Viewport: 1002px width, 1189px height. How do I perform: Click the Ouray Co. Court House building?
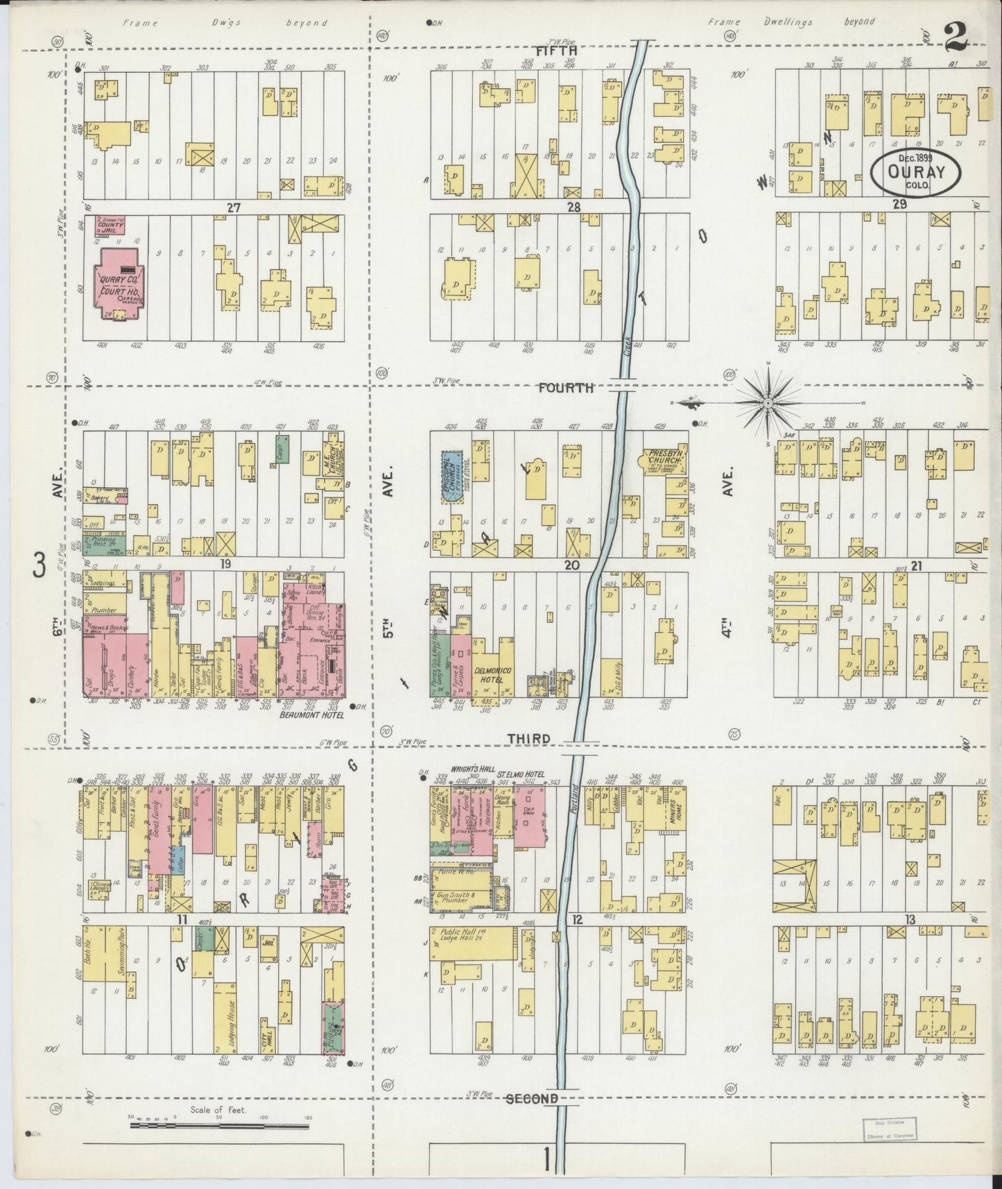coord(119,284)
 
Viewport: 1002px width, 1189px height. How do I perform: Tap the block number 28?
coord(573,207)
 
